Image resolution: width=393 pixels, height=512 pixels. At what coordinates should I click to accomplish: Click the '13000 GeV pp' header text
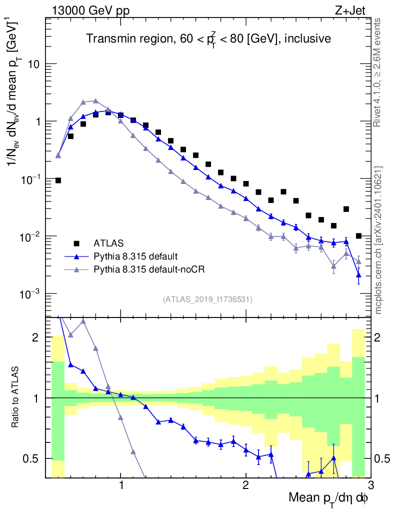tap(90, 10)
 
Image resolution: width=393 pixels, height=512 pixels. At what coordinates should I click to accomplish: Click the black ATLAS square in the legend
tap(76, 243)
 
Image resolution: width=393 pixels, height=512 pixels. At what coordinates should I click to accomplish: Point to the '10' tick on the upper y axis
tap(33, 64)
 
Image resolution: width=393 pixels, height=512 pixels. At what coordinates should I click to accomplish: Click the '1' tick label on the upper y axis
tap(36, 121)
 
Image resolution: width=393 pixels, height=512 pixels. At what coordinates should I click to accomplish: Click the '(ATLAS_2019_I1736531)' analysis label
tap(207, 299)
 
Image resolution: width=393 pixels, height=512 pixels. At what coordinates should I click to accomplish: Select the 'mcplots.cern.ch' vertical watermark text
tap(378, 240)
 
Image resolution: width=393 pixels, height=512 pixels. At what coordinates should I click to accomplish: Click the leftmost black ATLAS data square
tap(58, 180)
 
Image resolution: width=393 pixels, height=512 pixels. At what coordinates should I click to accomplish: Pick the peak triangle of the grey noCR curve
tap(95, 100)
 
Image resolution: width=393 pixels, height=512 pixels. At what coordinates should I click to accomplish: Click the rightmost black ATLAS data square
tap(358, 235)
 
